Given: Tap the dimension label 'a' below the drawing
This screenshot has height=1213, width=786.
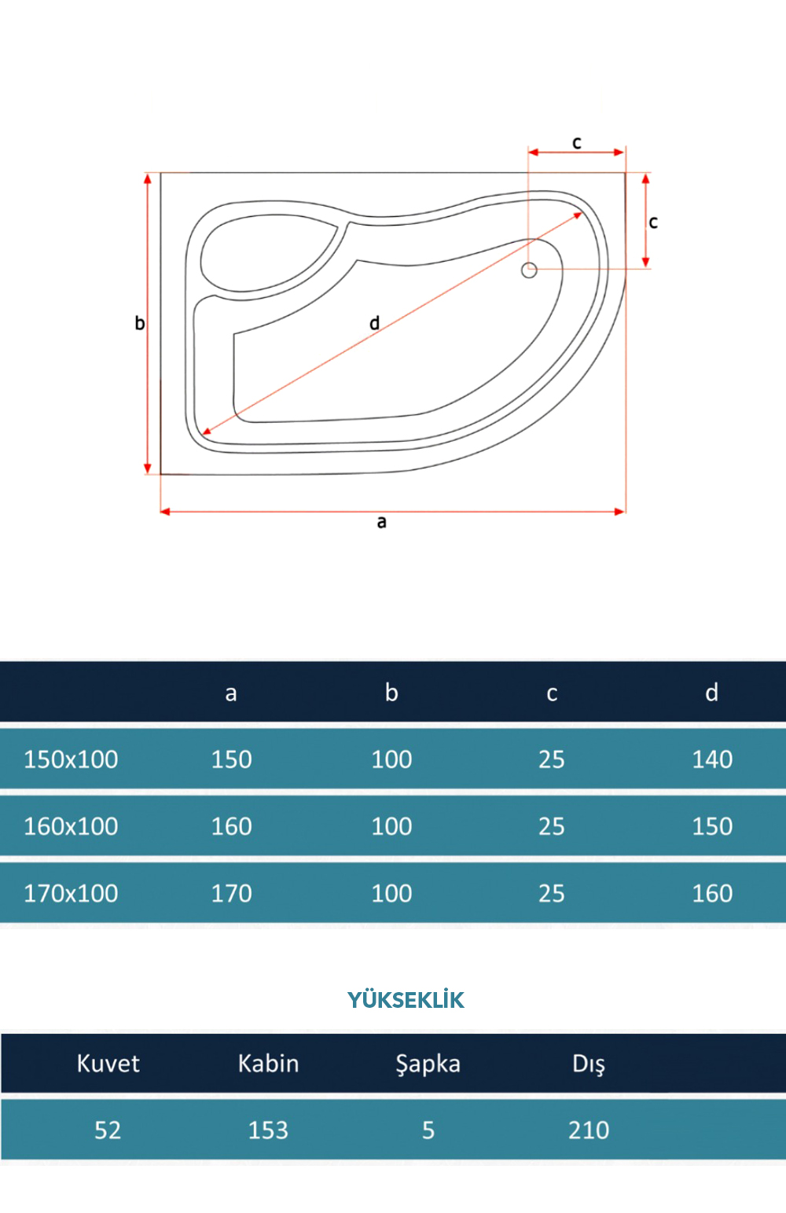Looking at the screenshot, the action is point(382,522).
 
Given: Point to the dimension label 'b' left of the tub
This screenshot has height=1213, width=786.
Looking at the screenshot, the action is point(140,323).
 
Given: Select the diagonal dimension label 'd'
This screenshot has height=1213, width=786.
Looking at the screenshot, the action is point(374,323).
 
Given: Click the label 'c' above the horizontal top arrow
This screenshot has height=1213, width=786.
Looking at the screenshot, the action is point(576,142).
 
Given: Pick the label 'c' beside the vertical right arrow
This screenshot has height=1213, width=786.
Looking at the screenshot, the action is point(653,222).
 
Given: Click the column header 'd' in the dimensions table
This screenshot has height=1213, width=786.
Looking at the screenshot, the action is point(711,692).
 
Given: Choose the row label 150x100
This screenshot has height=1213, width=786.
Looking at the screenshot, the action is point(71,759).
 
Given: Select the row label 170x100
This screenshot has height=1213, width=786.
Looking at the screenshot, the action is point(71,893).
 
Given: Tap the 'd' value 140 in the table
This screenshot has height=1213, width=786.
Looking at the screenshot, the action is point(712,759).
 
